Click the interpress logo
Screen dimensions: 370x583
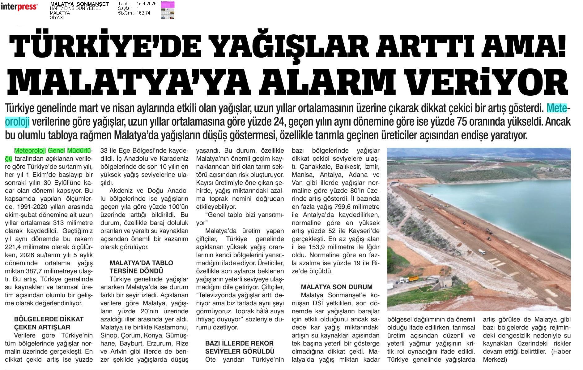19,7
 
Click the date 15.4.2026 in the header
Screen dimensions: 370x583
146,4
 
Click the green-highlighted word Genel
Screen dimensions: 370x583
56,151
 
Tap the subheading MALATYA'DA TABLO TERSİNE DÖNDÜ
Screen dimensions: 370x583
141,267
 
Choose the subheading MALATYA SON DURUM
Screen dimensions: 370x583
337,287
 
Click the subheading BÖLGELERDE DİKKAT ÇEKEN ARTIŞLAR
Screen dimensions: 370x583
49,323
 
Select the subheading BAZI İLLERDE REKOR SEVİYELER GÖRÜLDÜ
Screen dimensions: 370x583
240,347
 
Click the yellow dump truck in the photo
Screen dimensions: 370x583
412,280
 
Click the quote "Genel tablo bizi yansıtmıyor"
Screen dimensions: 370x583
240,219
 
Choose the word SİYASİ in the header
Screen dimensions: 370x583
57,18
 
